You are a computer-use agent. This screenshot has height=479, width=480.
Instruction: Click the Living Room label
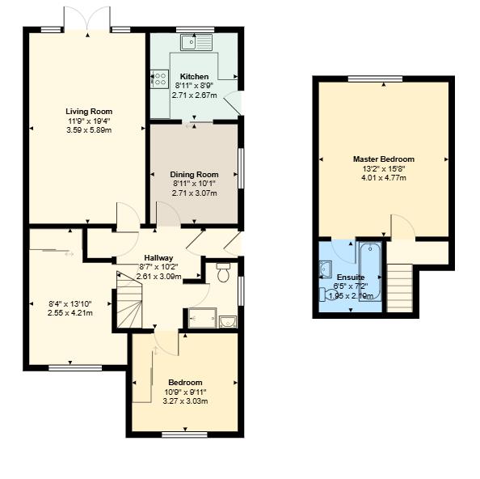89,112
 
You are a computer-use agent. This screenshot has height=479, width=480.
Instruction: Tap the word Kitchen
194,76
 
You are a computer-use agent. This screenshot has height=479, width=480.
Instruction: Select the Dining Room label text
194,174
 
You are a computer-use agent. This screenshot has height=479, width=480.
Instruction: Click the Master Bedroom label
384,159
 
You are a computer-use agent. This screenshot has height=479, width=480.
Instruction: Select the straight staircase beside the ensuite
400,289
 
